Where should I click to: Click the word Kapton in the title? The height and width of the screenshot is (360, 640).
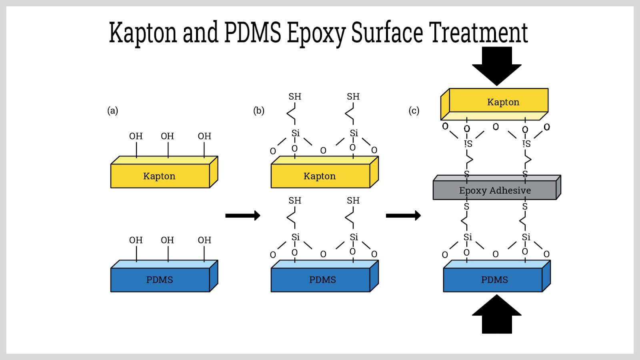click(142, 33)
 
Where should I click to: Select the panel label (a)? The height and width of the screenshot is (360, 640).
click(113, 110)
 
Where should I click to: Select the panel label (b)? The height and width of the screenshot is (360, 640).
click(259, 110)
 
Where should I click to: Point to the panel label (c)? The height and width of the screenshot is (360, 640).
click(414, 110)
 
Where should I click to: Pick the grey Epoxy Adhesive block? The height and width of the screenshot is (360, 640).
click(495, 190)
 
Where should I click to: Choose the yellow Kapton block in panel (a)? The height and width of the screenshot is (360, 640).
click(160, 176)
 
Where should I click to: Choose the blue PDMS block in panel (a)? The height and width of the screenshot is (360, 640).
click(160, 280)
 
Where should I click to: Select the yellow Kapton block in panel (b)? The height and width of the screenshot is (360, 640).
click(320, 176)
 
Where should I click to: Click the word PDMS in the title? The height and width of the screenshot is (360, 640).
click(252, 33)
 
